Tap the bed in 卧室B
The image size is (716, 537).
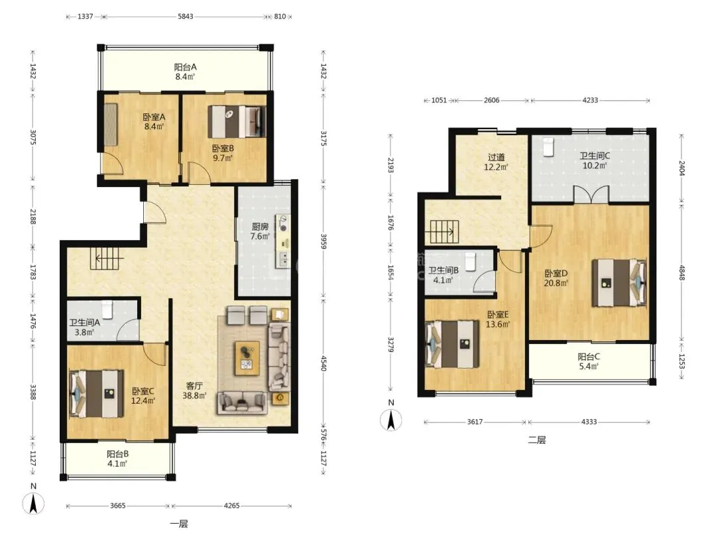[237, 121]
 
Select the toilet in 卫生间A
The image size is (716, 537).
[107, 309]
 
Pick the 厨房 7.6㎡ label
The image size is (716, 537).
[260, 231]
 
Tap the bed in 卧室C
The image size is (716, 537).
[96, 394]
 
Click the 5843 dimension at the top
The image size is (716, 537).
[185, 17]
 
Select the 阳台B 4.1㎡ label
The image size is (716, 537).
[117, 459]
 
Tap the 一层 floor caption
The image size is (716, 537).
[178, 524]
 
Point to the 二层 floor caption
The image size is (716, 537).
[536, 440]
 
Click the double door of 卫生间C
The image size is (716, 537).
[591, 194]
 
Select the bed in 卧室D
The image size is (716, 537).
[619, 282]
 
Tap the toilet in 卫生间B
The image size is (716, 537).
[470, 262]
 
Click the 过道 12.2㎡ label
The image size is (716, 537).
[496, 162]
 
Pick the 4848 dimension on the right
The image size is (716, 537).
[682, 272]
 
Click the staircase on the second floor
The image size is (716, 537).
[442, 231]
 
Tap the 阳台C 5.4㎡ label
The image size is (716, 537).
[589, 361]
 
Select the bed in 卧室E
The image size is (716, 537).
[453, 344]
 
